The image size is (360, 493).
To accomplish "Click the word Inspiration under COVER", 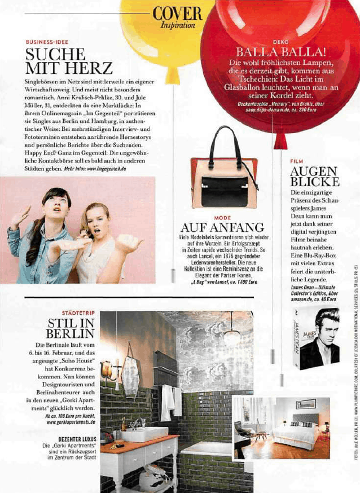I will (x=177, y=25).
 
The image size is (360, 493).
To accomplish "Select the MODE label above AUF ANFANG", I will (x=222, y=217).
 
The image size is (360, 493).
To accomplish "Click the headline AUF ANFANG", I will (x=222, y=227).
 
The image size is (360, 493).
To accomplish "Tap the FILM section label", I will (x=297, y=161).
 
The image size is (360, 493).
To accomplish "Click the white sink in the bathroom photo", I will (x=139, y=433).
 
